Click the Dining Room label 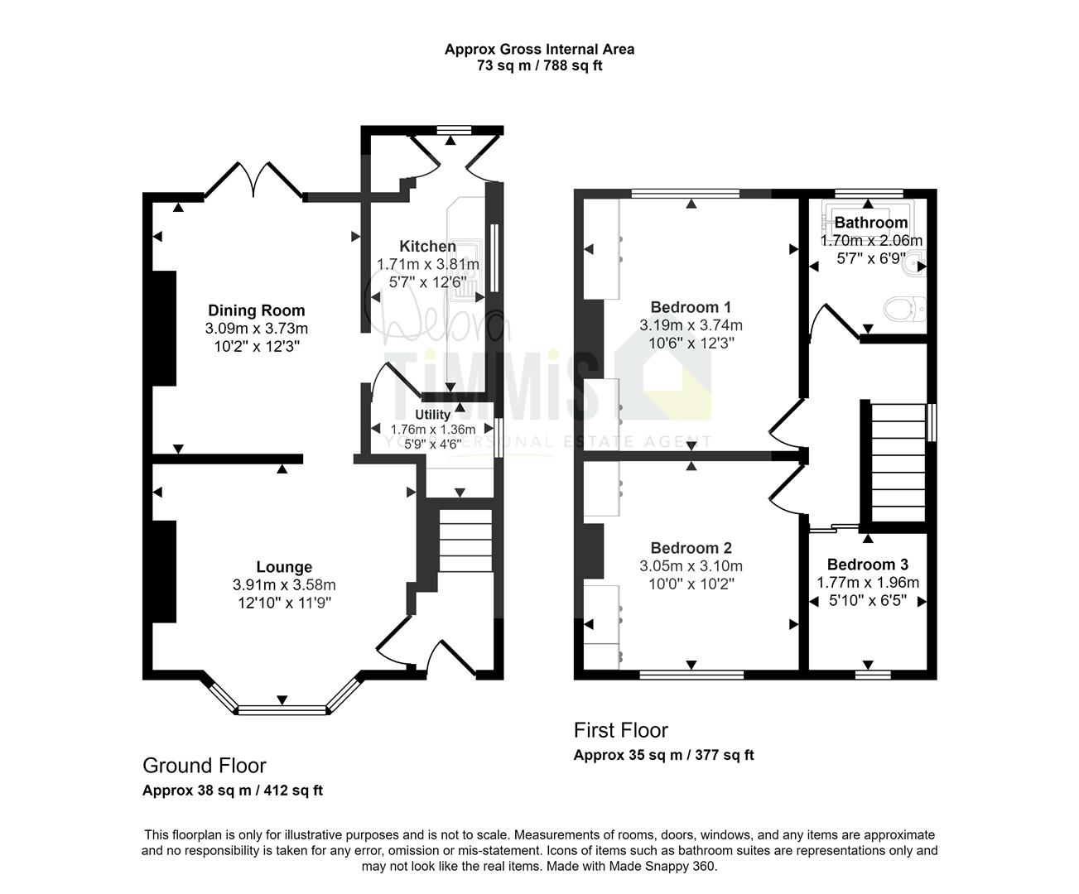(x=256, y=310)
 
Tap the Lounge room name (x=284, y=567)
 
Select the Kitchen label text (x=427, y=246)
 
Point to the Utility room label (x=432, y=414)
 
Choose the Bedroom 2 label (x=691, y=548)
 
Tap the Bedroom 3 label (x=867, y=565)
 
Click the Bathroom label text (x=870, y=223)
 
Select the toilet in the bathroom (x=903, y=309)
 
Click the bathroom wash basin (x=916, y=266)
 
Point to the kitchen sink (x=469, y=270)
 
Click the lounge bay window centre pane (x=282, y=709)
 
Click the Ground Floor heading (x=204, y=765)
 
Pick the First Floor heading (x=620, y=730)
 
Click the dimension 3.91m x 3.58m (x=284, y=585)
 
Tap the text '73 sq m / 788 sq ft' (x=539, y=65)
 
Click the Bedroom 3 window (x=873, y=675)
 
